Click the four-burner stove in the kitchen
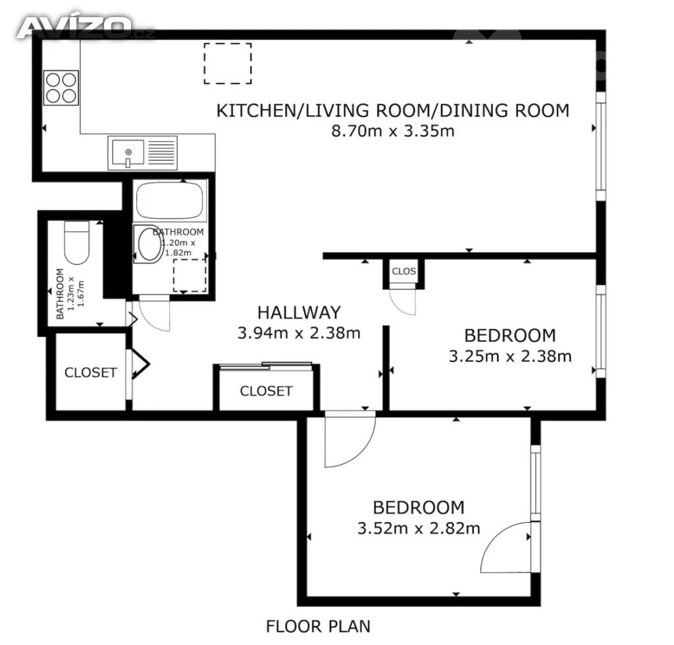click(x=61, y=88)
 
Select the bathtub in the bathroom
click(x=169, y=200)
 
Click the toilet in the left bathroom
click(x=77, y=242)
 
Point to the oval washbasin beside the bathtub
click(x=149, y=244)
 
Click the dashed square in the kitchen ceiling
click(x=228, y=63)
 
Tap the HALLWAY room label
click(x=299, y=313)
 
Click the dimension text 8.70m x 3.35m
click(x=392, y=130)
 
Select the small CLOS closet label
click(x=404, y=271)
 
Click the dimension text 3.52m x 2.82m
click(x=419, y=528)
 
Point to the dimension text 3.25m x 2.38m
click(x=510, y=356)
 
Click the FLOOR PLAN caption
click(x=318, y=627)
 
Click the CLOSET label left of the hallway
click(x=91, y=373)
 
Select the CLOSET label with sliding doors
click(x=266, y=391)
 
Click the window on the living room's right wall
click(x=601, y=146)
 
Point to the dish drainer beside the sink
click(x=162, y=153)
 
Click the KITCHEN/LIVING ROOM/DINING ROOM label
click(x=392, y=111)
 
